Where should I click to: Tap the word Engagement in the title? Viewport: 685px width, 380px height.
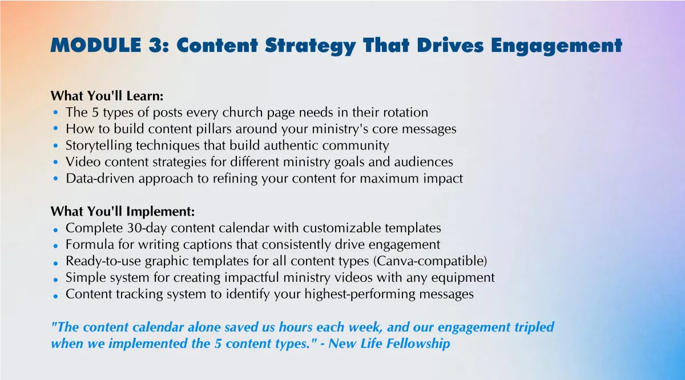pyautogui.click(x=557, y=46)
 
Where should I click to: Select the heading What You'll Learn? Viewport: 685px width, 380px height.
pyautogui.click(x=107, y=96)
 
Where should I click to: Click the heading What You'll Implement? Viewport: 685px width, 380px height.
pyautogui.click(x=123, y=211)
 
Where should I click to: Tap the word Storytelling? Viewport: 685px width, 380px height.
pyautogui.click(x=99, y=146)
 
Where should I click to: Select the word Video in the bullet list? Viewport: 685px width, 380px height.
pyautogui.click(x=83, y=161)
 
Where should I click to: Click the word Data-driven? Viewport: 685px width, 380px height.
pyautogui.click(x=100, y=178)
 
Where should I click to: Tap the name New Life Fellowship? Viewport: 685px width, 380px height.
pyautogui.click(x=389, y=343)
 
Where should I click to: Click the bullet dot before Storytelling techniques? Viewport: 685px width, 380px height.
pyautogui.click(x=55, y=145)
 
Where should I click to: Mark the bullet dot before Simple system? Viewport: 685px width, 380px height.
pyautogui.click(x=55, y=280)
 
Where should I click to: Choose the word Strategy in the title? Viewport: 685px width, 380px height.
pyautogui.click(x=311, y=46)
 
